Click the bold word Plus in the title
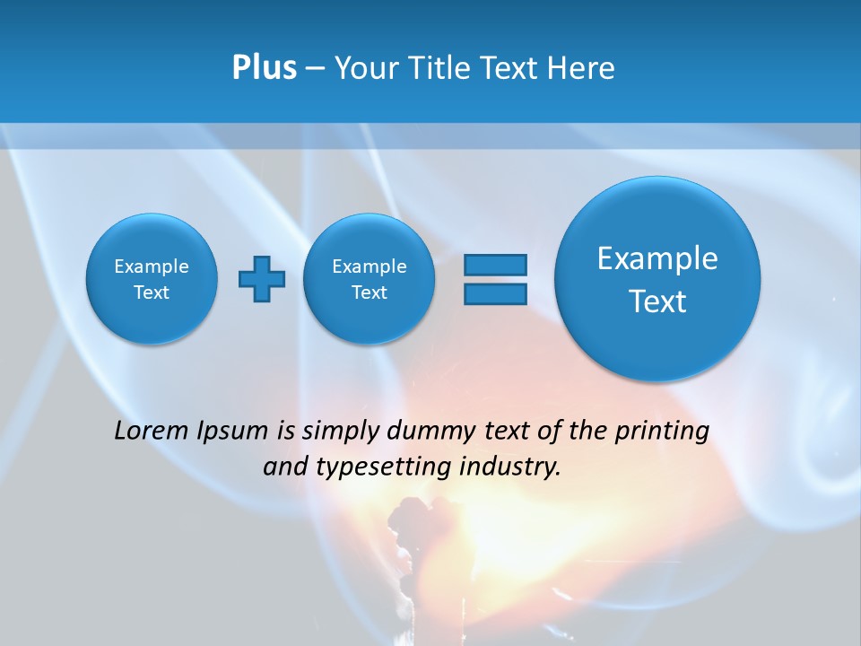point(264,68)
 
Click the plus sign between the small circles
point(262,278)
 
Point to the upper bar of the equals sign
point(495,265)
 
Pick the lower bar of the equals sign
point(495,293)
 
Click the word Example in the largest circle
point(657,258)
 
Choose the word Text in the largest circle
point(657,301)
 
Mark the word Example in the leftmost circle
point(152,266)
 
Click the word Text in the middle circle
point(370,292)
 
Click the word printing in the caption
point(662,432)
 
